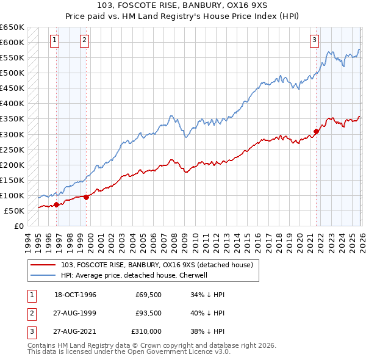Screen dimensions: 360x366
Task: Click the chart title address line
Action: (183, 6)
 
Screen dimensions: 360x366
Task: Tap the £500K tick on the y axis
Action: (12, 73)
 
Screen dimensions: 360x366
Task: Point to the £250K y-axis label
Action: (12, 149)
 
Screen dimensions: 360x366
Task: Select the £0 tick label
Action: (18, 226)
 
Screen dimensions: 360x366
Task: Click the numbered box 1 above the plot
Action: (55, 41)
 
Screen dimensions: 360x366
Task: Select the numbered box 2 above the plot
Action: (84, 41)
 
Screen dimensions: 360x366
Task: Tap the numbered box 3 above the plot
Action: (314, 41)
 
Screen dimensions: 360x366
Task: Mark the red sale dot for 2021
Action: (316, 131)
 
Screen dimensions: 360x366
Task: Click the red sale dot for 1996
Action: (56, 204)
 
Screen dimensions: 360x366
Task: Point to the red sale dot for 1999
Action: (86, 197)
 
